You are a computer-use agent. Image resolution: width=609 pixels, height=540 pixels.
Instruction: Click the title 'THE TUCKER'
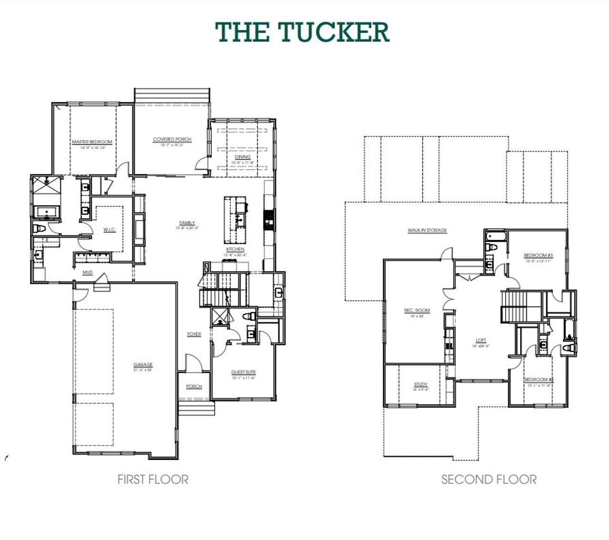click(303, 32)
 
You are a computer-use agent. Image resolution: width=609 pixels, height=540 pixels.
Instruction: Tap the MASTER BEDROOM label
click(92, 142)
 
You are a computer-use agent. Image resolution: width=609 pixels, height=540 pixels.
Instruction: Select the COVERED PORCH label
click(172, 140)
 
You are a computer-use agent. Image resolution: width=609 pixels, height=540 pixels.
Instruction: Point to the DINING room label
click(243, 157)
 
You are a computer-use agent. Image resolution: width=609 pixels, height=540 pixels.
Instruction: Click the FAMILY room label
click(187, 223)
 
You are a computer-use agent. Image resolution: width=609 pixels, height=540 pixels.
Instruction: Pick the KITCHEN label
click(235, 250)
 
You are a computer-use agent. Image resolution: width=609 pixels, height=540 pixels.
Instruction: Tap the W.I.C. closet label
click(109, 230)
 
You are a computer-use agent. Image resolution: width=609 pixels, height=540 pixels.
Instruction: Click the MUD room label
click(88, 272)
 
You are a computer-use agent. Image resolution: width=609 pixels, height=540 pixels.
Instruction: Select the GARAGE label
click(143, 365)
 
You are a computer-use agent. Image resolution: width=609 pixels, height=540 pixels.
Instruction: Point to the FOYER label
click(194, 334)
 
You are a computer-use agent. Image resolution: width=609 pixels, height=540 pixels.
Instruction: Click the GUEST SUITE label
click(244, 372)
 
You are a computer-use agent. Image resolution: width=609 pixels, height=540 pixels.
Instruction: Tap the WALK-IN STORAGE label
click(427, 231)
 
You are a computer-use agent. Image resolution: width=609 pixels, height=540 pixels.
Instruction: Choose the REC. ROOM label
click(417, 310)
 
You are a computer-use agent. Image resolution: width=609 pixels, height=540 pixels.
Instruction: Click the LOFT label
click(481, 340)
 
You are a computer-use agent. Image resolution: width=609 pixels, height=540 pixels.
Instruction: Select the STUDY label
click(421, 384)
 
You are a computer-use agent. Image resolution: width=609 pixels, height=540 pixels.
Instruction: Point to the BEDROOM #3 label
click(538, 256)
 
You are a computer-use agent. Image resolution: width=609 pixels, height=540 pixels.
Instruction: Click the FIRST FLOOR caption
click(153, 479)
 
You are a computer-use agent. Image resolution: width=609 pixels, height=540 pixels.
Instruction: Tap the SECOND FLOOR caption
click(489, 479)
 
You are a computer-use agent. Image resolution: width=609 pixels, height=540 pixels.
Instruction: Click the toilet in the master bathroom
click(39, 229)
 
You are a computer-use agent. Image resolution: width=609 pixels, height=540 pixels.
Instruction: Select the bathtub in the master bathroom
click(46, 212)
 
